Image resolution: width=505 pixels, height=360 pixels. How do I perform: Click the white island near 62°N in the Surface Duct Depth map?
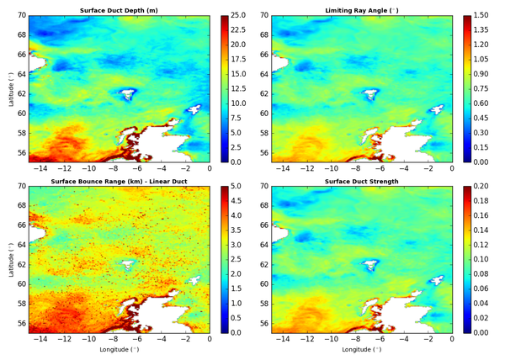128,94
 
